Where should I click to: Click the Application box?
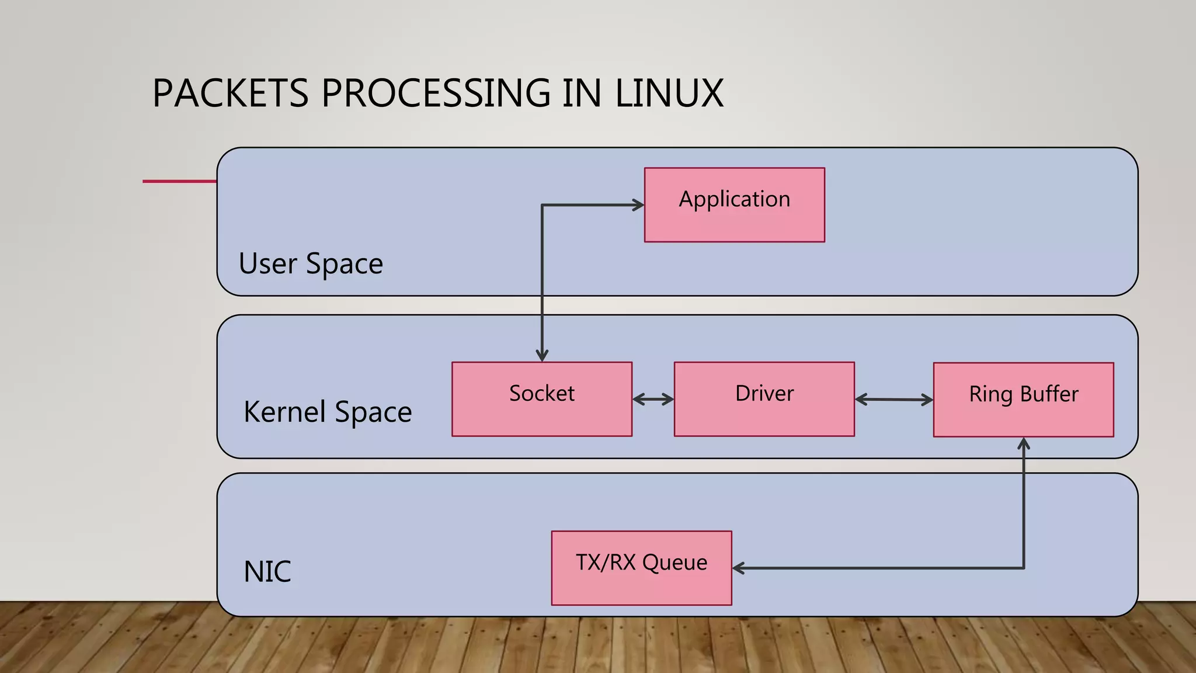(x=734, y=205)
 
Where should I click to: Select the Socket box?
(x=541, y=399)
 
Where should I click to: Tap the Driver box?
(x=764, y=399)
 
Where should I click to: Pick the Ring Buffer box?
(x=1023, y=400)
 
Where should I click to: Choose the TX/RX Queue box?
(x=641, y=568)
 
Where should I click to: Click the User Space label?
(x=311, y=264)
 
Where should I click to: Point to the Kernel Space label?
(x=328, y=412)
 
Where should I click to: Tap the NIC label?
(x=267, y=571)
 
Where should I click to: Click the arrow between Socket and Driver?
(x=653, y=400)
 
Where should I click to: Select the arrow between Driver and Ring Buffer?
(x=893, y=400)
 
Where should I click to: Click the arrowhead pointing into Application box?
(x=638, y=205)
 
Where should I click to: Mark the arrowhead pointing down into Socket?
(x=542, y=355)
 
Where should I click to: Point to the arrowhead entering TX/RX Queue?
(x=739, y=568)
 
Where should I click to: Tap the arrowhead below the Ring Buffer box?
(x=1024, y=444)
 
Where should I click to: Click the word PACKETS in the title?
(x=230, y=93)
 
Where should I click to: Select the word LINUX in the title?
(x=669, y=93)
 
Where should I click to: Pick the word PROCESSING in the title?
(x=436, y=93)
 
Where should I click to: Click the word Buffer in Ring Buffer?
(x=1049, y=394)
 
